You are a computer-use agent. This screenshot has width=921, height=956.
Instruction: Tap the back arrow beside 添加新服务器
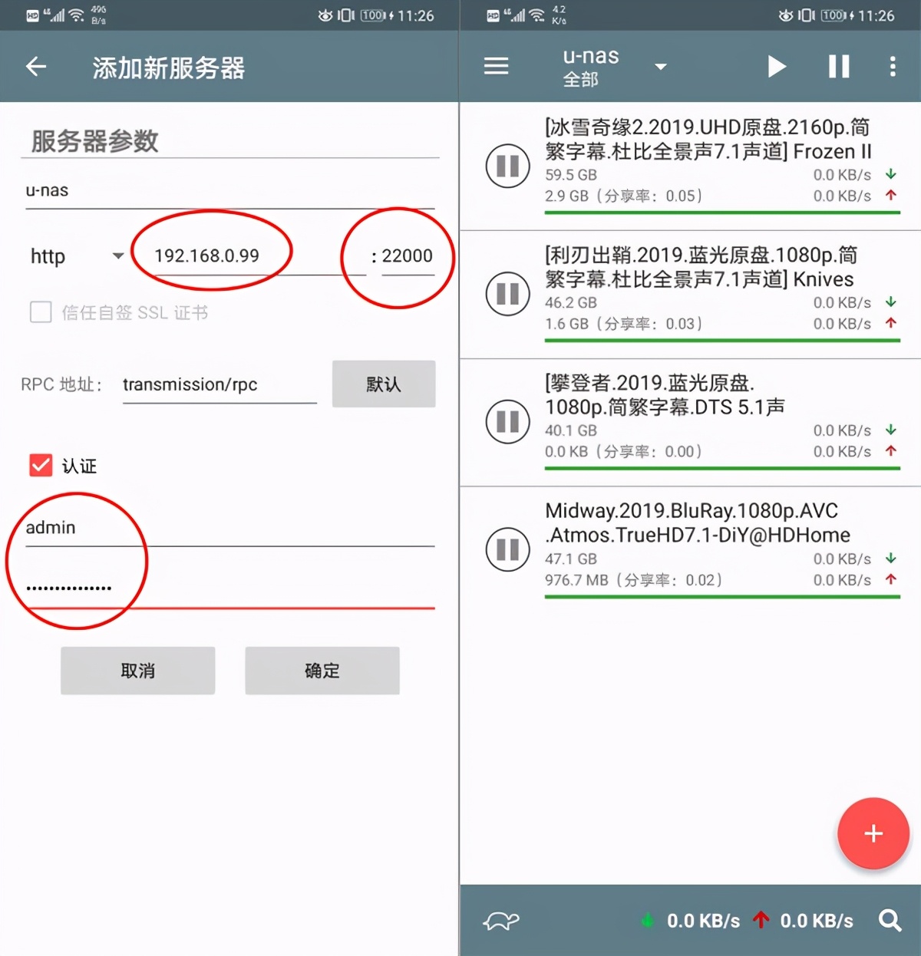[x=36, y=67]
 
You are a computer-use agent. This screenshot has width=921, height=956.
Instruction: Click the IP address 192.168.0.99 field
[x=206, y=255]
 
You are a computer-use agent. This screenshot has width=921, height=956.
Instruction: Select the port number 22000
[x=407, y=255]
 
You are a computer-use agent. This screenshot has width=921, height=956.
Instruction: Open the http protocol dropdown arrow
[x=118, y=255]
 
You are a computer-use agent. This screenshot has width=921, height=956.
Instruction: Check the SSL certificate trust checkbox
[x=41, y=312]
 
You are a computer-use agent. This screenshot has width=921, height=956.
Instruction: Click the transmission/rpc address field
[x=218, y=384]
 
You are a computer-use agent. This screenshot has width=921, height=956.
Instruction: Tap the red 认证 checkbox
[x=41, y=466]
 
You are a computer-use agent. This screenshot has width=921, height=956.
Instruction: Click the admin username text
[x=51, y=528]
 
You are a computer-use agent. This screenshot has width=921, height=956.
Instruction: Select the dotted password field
[x=69, y=588]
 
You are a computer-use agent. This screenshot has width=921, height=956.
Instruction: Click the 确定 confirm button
[x=322, y=671]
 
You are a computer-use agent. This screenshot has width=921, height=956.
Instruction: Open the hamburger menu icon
[x=496, y=67]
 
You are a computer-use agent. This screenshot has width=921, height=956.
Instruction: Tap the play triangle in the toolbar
[x=777, y=67]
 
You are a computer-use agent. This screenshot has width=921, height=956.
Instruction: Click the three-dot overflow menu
[x=893, y=67]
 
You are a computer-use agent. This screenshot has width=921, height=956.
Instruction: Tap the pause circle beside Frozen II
[x=507, y=166]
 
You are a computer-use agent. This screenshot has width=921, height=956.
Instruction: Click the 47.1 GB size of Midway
[x=570, y=559]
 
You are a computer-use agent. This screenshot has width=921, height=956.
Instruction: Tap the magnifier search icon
[x=890, y=920]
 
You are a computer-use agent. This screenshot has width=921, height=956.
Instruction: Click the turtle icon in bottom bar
[x=501, y=921]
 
